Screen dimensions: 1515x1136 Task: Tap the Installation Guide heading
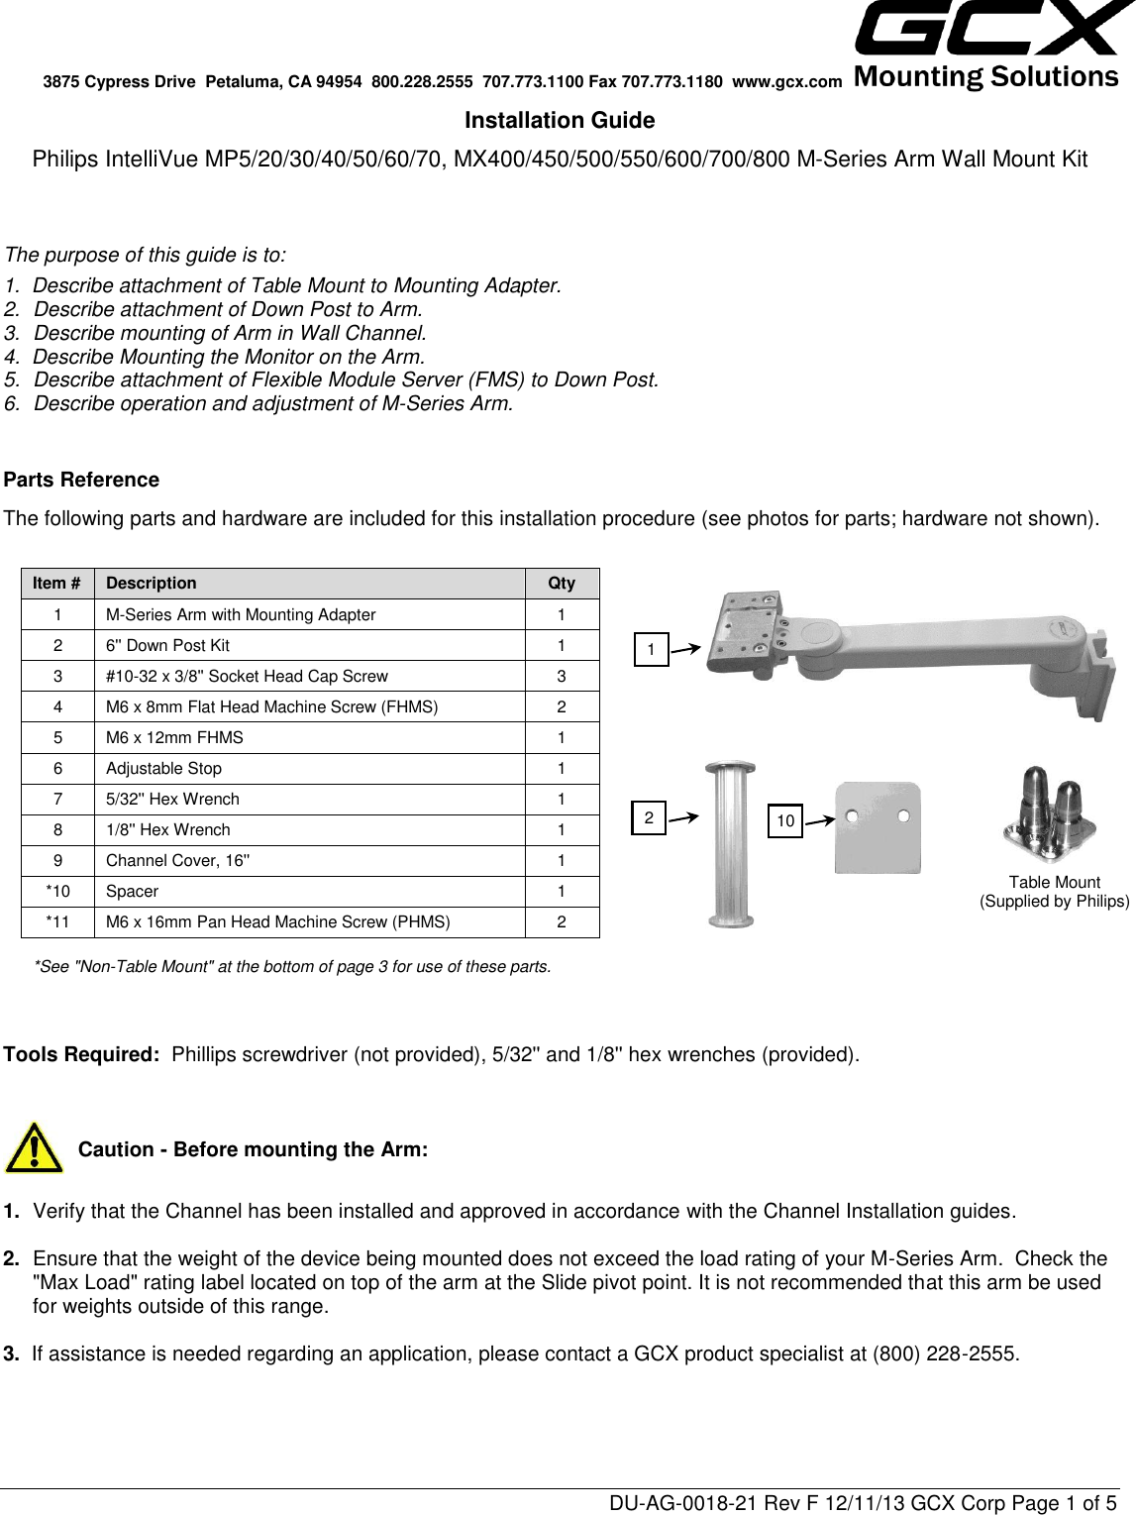click(x=560, y=121)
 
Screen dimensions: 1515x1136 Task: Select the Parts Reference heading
click(x=82, y=481)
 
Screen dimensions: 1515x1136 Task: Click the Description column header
click(x=152, y=584)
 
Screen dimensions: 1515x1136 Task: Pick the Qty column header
click(x=562, y=584)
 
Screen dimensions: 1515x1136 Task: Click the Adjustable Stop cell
click(x=164, y=769)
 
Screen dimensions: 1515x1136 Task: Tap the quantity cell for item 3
click(x=562, y=677)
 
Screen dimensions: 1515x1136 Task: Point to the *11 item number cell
click(x=58, y=922)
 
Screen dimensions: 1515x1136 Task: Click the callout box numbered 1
click(x=651, y=650)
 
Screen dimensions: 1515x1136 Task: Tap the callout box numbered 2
click(x=649, y=818)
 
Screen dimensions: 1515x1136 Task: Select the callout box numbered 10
click(x=784, y=821)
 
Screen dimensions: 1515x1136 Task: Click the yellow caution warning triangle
click(x=33, y=1148)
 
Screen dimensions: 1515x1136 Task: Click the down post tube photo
click(x=730, y=843)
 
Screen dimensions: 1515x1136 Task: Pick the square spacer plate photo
click(x=878, y=828)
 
